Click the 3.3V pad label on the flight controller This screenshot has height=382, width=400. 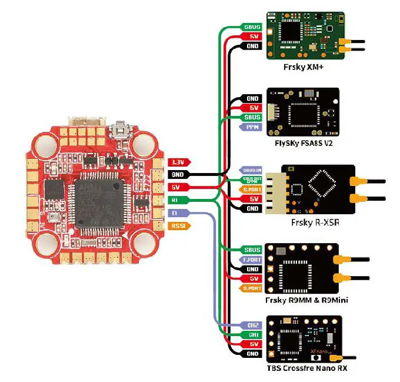(177, 162)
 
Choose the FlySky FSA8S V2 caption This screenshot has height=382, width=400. (300, 143)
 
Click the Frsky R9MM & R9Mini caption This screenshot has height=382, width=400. (308, 301)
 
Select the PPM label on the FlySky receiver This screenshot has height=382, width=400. (252, 127)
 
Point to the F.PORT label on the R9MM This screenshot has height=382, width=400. (252, 260)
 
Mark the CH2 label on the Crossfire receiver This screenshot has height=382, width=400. (252, 325)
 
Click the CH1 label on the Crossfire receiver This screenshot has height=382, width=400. (252, 334)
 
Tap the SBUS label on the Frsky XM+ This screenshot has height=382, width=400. (252, 27)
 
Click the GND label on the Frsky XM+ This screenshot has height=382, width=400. (252, 46)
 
